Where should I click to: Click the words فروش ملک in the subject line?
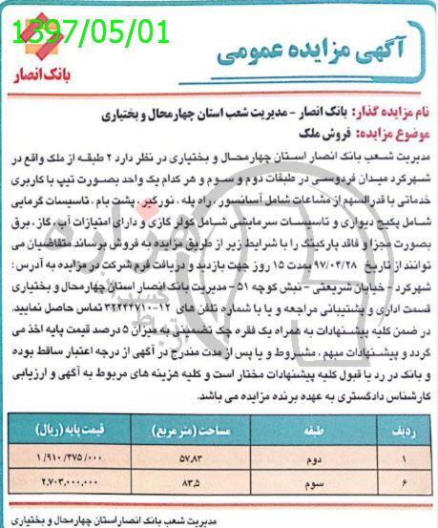pos(323,131)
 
